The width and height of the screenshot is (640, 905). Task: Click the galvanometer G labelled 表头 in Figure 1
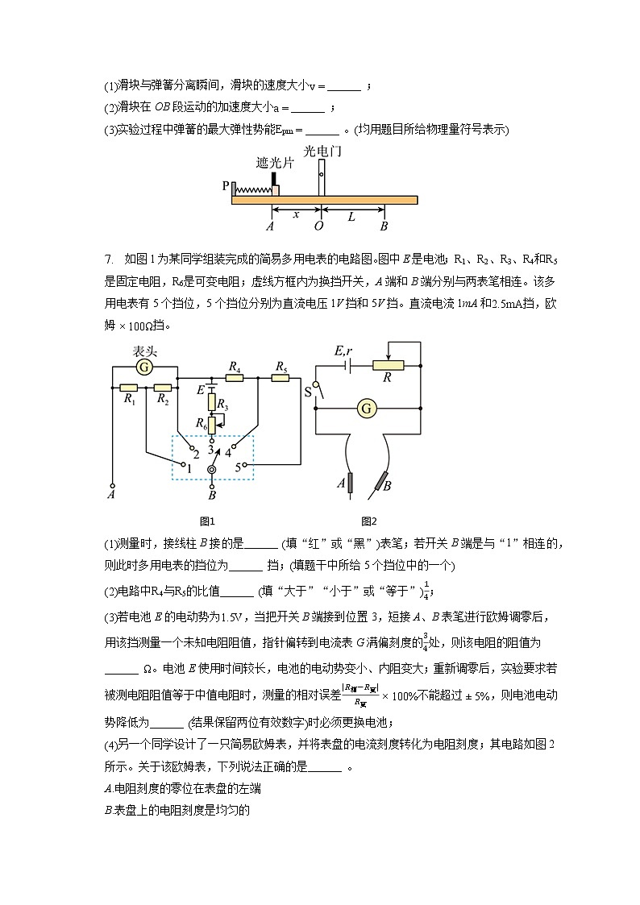[144, 367]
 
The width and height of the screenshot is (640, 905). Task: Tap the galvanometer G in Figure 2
[367, 409]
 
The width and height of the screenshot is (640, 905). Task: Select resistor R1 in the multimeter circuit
[128, 388]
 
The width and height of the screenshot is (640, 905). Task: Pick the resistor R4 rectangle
[235, 377]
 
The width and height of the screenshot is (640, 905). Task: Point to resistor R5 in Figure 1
[281, 377]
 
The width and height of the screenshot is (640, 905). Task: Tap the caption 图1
[207, 521]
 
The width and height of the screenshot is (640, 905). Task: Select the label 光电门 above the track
[320, 151]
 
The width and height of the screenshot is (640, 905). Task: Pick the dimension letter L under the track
[351, 216]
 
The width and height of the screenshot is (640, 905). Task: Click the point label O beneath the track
[319, 226]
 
